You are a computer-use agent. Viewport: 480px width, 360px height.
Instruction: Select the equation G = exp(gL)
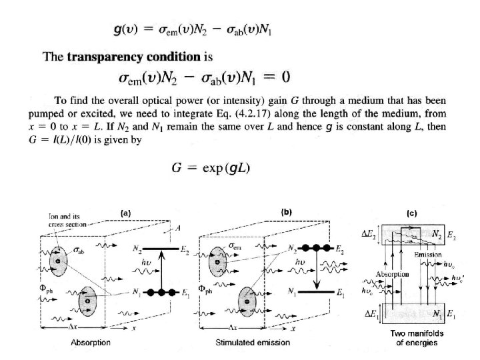click(208, 166)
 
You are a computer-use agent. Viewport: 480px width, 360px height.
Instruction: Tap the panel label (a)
click(124, 213)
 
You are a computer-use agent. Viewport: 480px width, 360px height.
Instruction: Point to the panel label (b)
click(286, 212)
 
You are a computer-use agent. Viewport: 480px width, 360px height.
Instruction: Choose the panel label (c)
click(411, 213)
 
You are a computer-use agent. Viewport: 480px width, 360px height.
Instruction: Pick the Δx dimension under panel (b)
click(233, 329)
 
